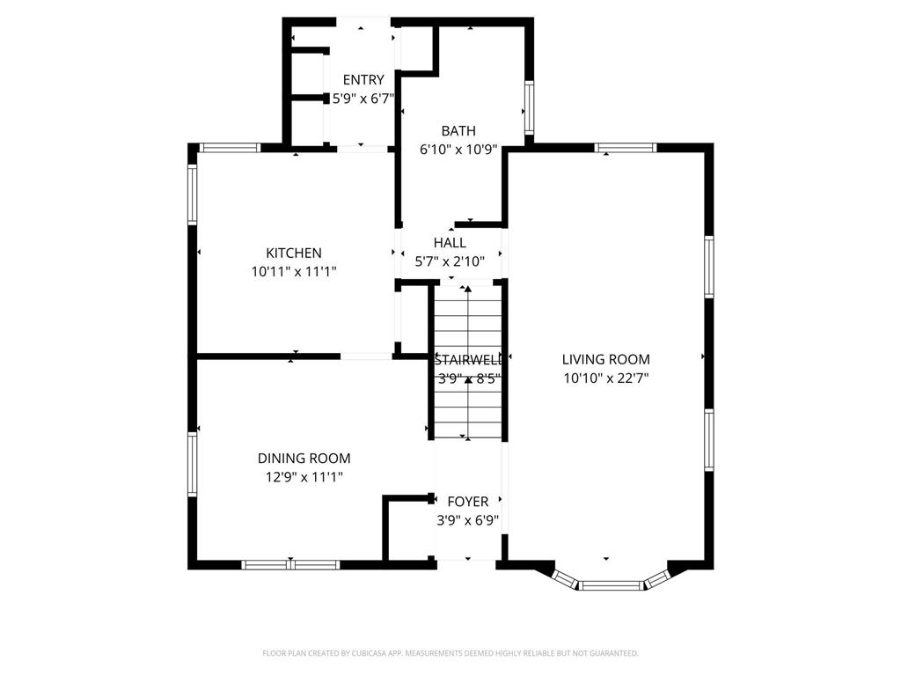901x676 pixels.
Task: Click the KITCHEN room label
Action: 294,253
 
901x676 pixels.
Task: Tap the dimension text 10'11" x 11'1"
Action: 294,272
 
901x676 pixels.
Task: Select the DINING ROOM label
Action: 304,459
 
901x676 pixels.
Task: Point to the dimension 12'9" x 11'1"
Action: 304,477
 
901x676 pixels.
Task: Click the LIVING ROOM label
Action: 606,359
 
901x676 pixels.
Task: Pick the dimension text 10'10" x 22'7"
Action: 606,378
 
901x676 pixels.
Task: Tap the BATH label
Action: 458,131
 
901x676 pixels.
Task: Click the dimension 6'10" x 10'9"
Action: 458,150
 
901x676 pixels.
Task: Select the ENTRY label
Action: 363,80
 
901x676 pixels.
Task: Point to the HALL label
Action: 450,243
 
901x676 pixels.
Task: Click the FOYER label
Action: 468,502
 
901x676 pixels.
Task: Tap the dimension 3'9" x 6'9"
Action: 468,520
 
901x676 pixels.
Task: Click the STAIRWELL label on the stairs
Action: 468,360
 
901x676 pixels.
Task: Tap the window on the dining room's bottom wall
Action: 290,564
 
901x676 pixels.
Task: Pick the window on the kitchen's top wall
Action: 229,148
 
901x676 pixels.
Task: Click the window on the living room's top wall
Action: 626,148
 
